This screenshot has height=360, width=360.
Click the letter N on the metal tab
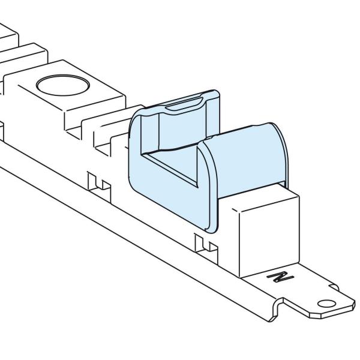point(280,277)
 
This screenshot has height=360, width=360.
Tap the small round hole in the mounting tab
point(326,304)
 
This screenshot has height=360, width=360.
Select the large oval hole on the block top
point(63,85)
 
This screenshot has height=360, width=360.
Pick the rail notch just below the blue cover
point(206,245)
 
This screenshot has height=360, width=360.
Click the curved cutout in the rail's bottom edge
point(277,308)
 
